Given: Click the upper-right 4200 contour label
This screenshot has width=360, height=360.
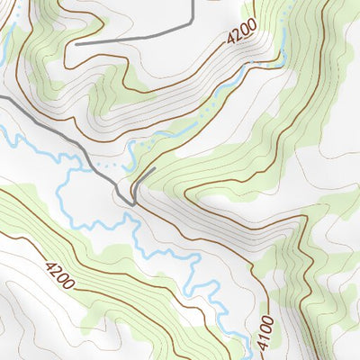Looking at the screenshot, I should pyautogui.click(x=241, y=34).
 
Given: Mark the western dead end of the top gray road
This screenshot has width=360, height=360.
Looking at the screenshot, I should pyautogui.click(x=76, y=43).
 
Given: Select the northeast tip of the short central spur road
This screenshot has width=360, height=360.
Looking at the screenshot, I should pyautogui.click(x=156, y=168).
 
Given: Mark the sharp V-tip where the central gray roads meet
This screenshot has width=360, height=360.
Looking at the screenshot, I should pyautogui.click(x=132, y=204).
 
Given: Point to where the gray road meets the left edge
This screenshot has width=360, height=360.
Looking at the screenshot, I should pyautogui.click(x=1, y=97).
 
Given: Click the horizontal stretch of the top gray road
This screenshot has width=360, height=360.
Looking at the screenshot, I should pyautogui.click(x=135, y=36).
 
